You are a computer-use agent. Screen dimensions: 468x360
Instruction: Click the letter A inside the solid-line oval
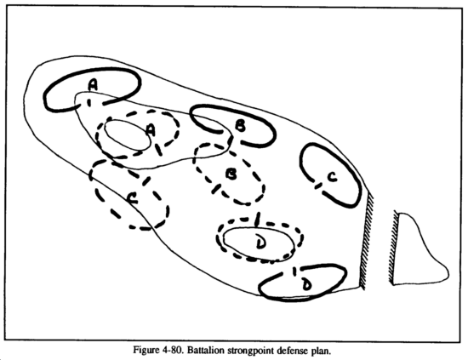[x=93, y=85]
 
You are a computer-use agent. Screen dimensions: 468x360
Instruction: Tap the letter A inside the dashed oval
[x=151, y=130]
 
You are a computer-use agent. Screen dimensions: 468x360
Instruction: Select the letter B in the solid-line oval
[x=240, y=126]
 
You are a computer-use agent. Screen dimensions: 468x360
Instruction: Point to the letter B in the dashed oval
[x=231, y=174]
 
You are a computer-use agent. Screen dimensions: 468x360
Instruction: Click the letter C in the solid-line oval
[x=332, y=177]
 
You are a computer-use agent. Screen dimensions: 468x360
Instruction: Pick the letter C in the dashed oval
[x=132, y=198]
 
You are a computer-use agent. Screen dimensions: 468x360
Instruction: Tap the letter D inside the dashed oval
[x=260, y=242]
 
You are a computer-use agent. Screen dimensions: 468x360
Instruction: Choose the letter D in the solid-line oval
[x=306, y=284]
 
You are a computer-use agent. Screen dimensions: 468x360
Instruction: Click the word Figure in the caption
[x=145, y=350]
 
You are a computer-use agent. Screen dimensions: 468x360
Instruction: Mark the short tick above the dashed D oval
[x=259, y=219]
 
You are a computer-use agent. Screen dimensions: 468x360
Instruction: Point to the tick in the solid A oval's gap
[x=88, y=102]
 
